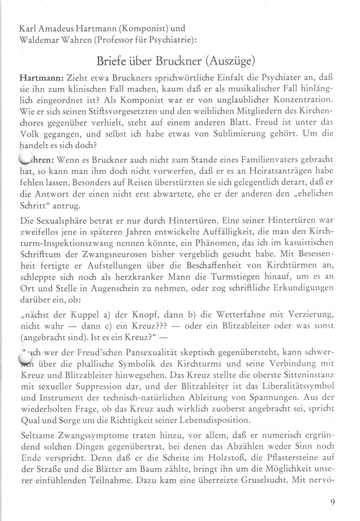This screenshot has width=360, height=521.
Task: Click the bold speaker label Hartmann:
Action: point(41,77)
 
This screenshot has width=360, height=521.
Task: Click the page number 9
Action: point(333,502)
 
